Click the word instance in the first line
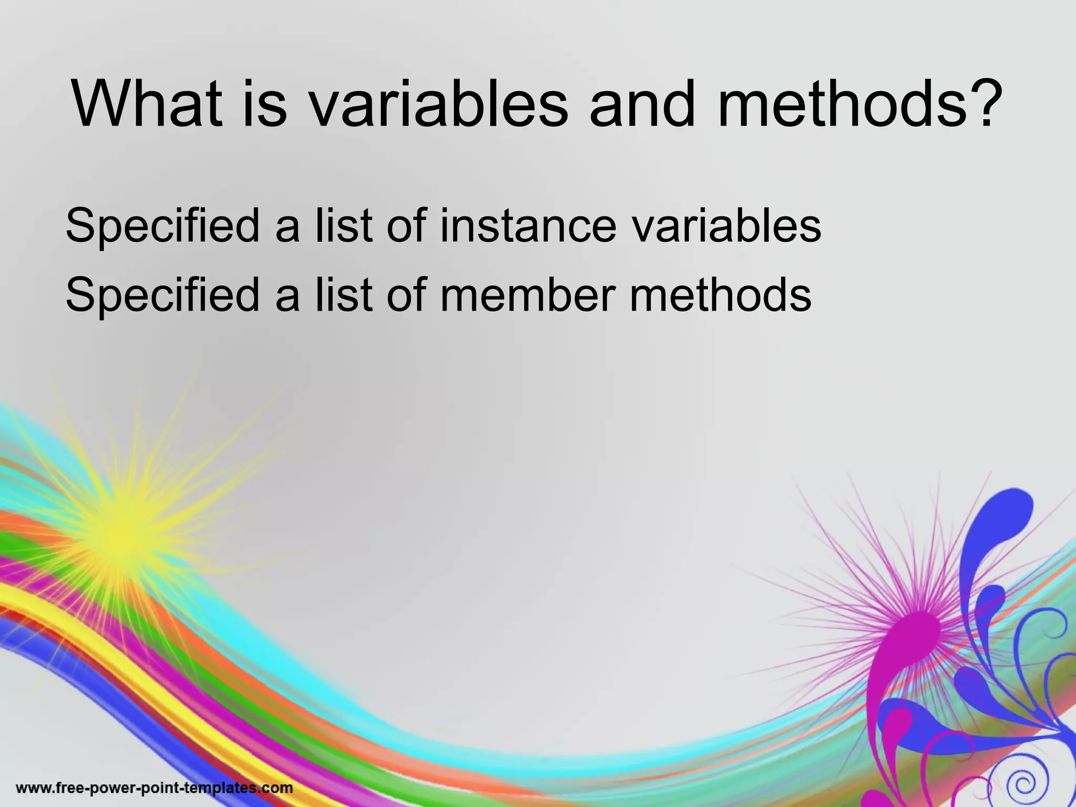(527, 225)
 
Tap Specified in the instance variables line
(162, 226)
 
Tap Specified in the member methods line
(162, 296)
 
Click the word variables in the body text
(726, 225)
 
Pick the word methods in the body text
(720, 295)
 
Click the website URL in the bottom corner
(154, 788)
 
